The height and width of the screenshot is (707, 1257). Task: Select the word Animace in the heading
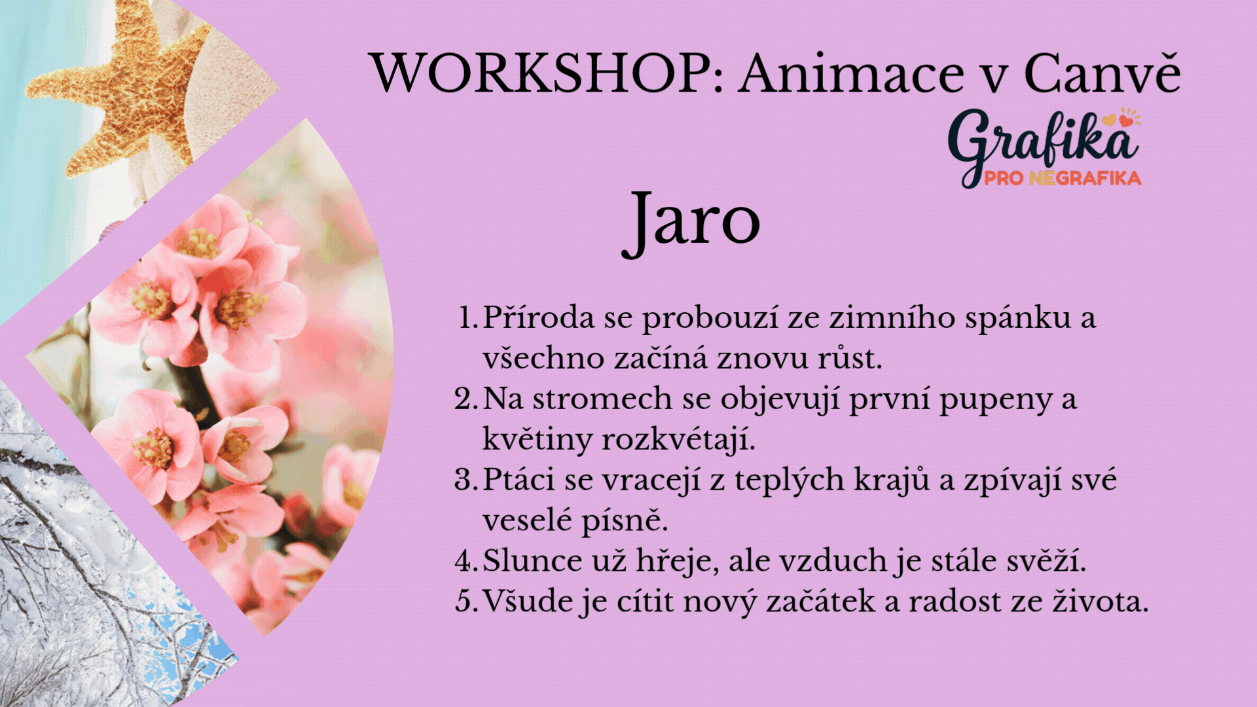[x=852, y=73]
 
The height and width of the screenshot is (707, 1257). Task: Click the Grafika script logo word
[x=1043, y=144]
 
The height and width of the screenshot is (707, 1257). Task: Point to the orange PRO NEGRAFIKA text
[x=1063, y=178]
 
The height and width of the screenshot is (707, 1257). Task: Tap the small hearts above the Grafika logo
[x=1122, y=118]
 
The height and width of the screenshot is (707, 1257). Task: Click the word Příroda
[x=539, y=317]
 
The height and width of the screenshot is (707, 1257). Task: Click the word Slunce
[x=532, y=561]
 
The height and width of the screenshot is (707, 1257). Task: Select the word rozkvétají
[x=678, y=439]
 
